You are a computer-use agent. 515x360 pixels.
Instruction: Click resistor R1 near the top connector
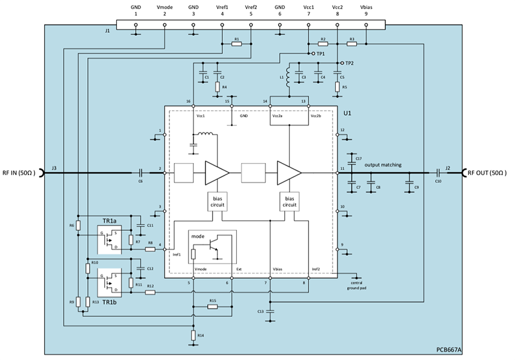tap(237, 44)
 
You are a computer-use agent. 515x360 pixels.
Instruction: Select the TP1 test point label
tap(321, 54)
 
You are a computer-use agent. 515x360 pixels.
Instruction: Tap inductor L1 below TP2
tap(289, 78)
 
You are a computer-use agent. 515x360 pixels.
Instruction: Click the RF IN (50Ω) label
tap(20, 173)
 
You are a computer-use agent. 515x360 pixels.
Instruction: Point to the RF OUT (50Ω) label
tap(488, 173)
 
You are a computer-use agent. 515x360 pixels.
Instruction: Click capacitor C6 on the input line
tap(140, 173)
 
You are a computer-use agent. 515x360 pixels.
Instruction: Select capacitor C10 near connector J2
tap(437, 173)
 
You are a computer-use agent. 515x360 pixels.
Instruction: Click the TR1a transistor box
tap(110, 240)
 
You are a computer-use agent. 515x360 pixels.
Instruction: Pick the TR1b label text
tap(110, 301)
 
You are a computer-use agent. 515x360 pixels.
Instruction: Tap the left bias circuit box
tap(217, 201)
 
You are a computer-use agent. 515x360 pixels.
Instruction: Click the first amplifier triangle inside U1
tap(216, 173)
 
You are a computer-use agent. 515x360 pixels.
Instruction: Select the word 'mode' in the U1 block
tap(198, 235)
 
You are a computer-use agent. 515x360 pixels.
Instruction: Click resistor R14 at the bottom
tap(193, 334)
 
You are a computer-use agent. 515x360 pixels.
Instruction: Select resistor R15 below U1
tap(212, 306)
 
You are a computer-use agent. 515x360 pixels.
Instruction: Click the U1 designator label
tap(347, 113)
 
